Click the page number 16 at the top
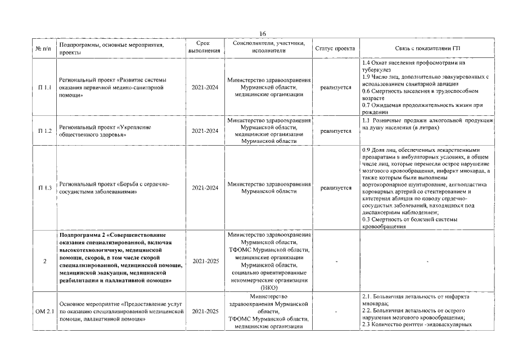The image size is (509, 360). coord(263,34)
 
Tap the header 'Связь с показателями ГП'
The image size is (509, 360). coord(427,48)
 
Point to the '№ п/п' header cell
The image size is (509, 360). coord(45,48)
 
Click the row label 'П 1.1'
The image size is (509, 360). coord(45,88)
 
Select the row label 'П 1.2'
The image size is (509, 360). coord(45,131)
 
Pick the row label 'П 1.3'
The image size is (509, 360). coord(45,188)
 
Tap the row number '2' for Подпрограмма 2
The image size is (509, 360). coord(45,262)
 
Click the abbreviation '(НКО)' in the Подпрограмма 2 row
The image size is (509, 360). coord(269,287)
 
